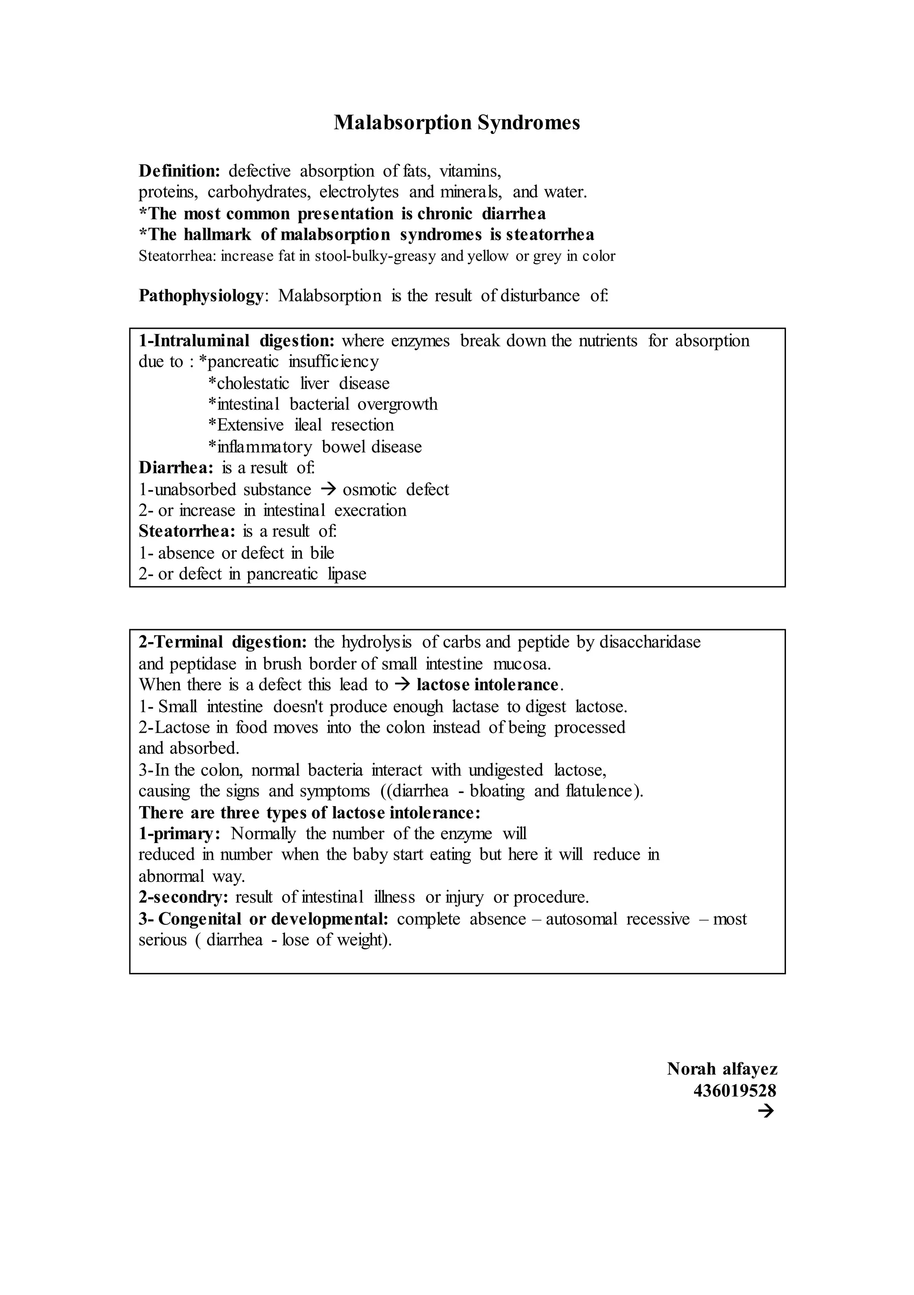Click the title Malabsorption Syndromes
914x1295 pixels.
point(457,122)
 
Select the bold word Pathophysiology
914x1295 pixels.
point(201,296)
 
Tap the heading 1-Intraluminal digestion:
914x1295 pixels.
point(237,341)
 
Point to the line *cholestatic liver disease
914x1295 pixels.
point(299,384)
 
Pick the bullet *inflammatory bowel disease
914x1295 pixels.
point(315,447)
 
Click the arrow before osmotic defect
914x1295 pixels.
point(327,489)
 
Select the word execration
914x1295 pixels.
point(370,510)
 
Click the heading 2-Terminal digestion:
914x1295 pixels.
point(223,642)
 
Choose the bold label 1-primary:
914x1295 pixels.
point(179,834)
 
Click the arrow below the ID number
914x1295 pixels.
point(766,1111)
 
